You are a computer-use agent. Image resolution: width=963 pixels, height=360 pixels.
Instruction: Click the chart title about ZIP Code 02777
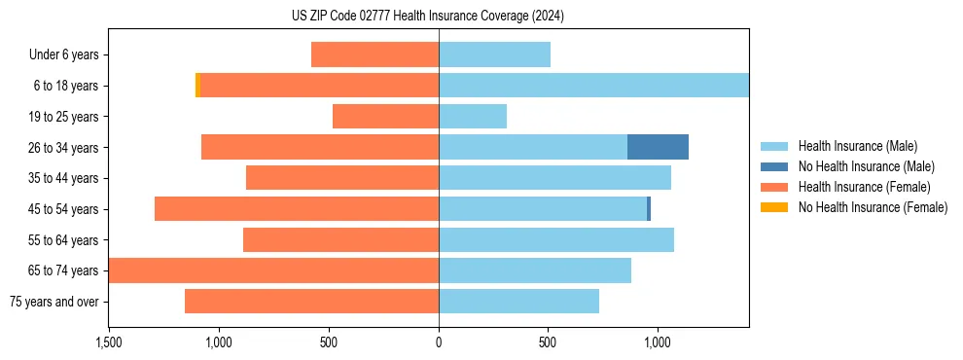(x=429, y=17)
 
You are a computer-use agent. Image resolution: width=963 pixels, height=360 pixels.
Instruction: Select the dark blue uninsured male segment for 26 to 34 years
(x=658, y=147)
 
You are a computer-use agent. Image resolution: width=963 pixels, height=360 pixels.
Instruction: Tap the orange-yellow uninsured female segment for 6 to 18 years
(x=197, y=86)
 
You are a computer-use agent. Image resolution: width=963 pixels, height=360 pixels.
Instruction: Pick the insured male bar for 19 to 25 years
(x=473, y=117)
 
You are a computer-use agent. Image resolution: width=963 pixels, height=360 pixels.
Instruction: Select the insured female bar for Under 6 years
(x=374, y=54)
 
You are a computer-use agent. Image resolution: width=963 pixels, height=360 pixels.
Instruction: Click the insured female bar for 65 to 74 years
(x=273, y=270)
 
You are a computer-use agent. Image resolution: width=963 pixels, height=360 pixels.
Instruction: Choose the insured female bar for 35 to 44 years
(x=342, y=178)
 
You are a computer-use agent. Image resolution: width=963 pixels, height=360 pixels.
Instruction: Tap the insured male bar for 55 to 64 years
(x=556, y=239)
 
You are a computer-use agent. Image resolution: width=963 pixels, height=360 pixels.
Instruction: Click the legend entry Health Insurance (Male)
(x=857, y=146)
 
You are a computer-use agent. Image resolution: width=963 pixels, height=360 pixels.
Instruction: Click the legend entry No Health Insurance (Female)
(x=873, y=207)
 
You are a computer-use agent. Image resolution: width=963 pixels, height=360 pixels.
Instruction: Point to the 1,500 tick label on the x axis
(x=108, y=342)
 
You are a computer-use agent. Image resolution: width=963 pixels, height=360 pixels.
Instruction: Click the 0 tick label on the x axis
(x=439, y=342)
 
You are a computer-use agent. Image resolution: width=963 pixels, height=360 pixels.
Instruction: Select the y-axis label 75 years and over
(x=53, y=302)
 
